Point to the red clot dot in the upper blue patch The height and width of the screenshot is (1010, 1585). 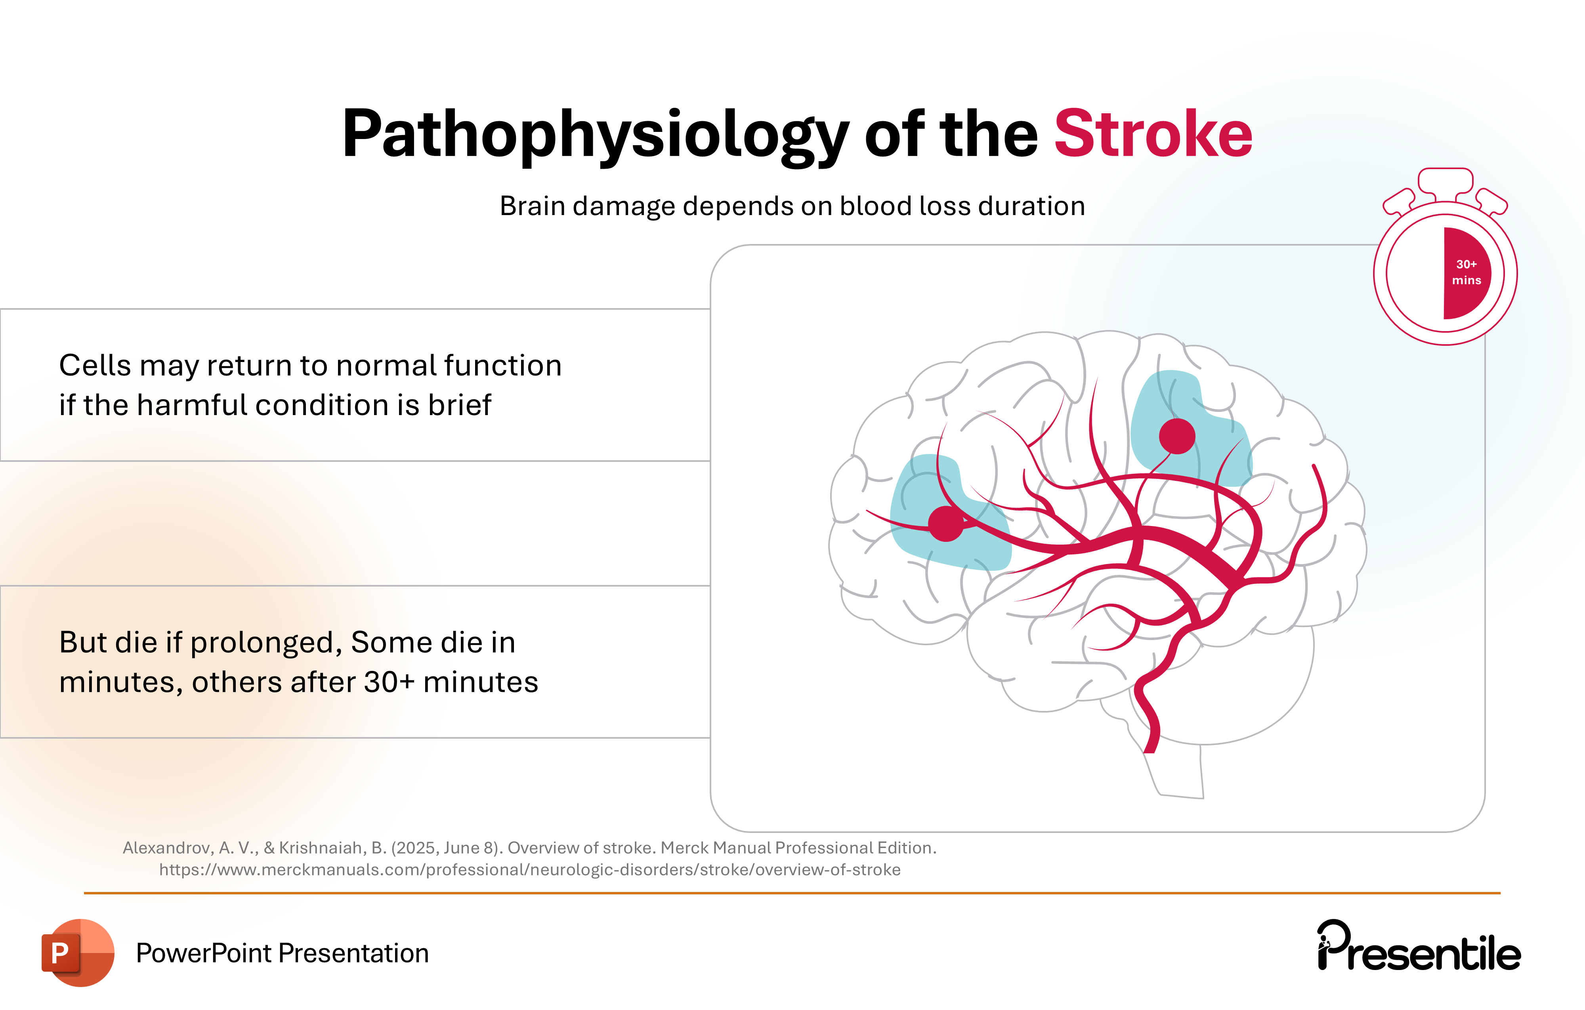(x=1177, y=436)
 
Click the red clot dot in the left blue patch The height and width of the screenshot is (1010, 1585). (x=946, y=524)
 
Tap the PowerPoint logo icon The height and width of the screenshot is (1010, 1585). (x=78, y=952)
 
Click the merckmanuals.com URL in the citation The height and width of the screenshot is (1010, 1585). (x=530, y=870)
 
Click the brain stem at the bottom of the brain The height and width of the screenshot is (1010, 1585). (x=1178, y=770)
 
